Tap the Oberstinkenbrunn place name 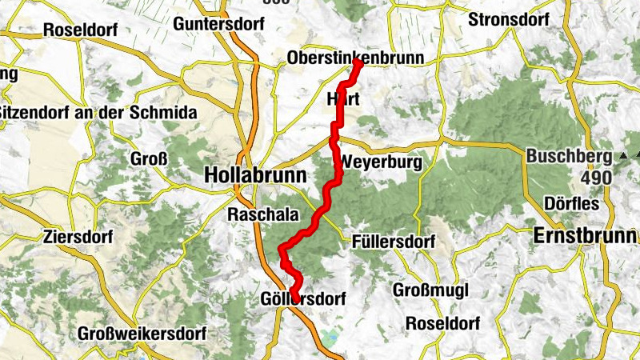(x=354, y=58)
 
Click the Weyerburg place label (x=381, y=162)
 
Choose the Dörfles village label (x=572, y=203)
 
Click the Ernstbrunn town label (x=586, y=237)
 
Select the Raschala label (x=263, y=214)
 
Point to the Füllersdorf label (x=393, y=241)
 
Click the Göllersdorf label (x=303, y=299)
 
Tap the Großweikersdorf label (x=142, y=333)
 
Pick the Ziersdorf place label (x=79, y=237)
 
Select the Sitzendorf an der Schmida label (x=97, y=113)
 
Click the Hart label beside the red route (x=338, y=99)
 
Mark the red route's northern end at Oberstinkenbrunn (x=357, y=64)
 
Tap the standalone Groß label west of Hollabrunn (x=149, y=158)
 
